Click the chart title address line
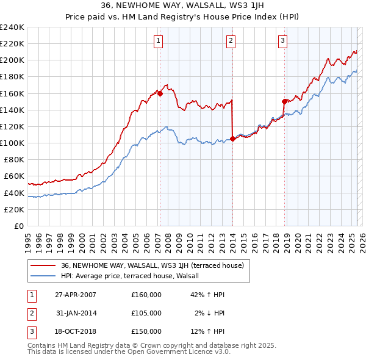tap(183, 6)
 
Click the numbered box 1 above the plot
tap(158, 41)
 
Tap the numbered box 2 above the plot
tap(231, 41)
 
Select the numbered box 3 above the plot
tap(283, 41)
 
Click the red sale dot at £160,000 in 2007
tap(160, 93)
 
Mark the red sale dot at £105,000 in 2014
tap(233, 139)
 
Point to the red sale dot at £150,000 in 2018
tap(285, 101)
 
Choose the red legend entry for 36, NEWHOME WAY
tap(152, 265)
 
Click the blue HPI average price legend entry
tap(135, 276)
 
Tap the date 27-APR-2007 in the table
tap(76, 294)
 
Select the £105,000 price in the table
tap(146, 313)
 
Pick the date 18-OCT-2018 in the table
tap(76, 331)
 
